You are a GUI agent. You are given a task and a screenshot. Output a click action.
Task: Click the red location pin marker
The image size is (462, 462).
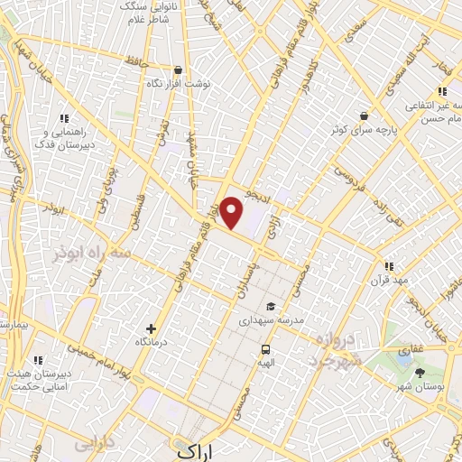coord(232,213)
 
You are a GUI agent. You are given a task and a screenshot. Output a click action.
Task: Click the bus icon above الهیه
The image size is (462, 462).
coord(265,349)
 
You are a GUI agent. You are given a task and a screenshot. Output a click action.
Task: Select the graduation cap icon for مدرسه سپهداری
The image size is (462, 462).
coord(272,308)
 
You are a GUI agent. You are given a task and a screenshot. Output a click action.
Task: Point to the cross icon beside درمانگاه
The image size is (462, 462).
coord(151,329)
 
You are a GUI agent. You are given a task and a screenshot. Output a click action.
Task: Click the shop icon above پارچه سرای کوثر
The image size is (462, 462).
coord(363,116)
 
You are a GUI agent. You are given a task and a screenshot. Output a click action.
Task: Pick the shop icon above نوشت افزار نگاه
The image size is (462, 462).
coord(179,70)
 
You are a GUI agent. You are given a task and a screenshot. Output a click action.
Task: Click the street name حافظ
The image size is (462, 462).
coord(133,61)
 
